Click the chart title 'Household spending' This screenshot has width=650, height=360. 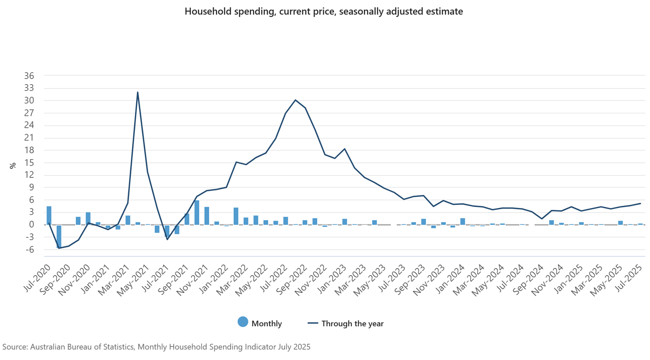click(323, 12)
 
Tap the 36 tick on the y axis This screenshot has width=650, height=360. click(29, 76)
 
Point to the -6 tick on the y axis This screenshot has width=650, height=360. click(29, 250)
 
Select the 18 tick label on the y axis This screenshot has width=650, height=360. click(29, 150)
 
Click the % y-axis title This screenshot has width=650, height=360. click(13, 166)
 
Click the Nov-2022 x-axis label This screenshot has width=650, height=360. click(315, 280)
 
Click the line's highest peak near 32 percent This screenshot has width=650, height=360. click(138, 92)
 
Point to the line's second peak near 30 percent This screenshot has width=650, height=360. click(295, 100)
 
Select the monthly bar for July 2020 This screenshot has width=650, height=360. click(49, 216)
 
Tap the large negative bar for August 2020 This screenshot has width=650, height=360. click(59, 237)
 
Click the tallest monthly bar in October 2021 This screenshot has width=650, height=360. click(197, 213)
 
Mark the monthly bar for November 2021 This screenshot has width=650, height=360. click(207, 216)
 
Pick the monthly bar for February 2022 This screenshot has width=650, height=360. click(236, 216)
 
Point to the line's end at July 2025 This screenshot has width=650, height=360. click(640, 204)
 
